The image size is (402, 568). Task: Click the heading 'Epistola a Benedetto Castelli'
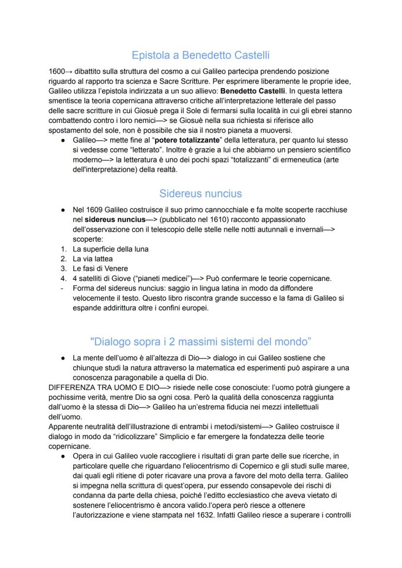201,55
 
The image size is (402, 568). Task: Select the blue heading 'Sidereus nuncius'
201,193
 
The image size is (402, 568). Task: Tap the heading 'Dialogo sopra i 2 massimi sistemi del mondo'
201,341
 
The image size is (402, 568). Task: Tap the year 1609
95,209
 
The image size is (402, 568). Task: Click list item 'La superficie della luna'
111,249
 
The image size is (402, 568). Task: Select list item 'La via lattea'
95,258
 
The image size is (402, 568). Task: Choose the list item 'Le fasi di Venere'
100,268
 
